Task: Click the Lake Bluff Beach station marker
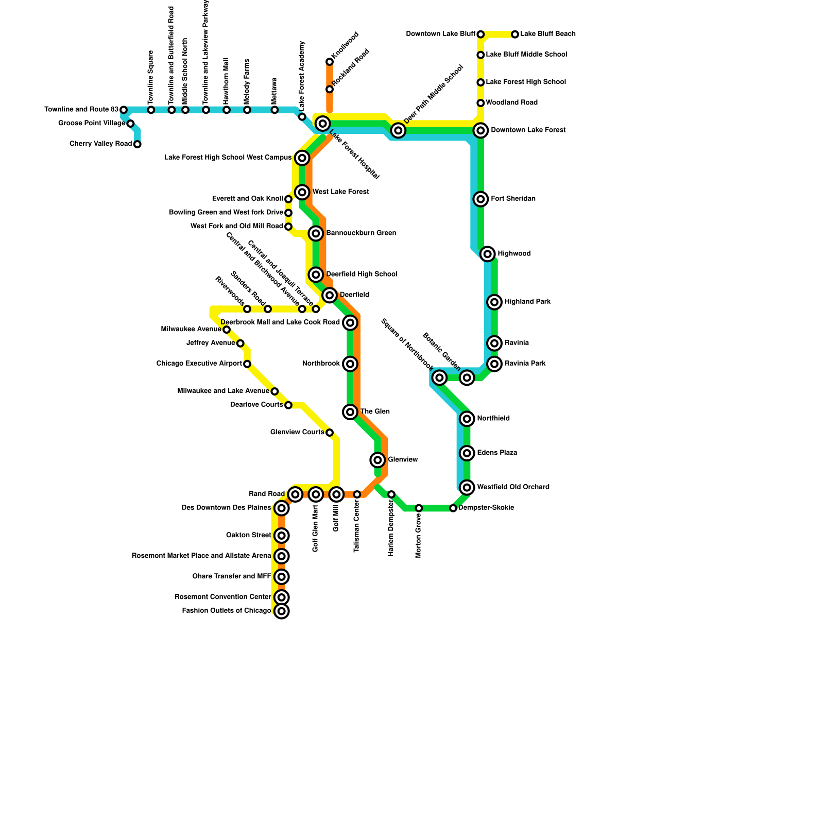coord(515,35)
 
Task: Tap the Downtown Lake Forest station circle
coord(480,131)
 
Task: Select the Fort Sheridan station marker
coord(480,199)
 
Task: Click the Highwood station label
coord(514,254)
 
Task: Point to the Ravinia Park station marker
coord(494,364)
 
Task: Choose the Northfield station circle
coord(467,419)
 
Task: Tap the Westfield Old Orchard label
coord(513,487)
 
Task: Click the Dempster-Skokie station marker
coord(453,508)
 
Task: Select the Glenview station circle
coord(377,460)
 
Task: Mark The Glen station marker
coord(350,412)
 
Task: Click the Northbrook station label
coord(321,364)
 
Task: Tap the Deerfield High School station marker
coord(316,274)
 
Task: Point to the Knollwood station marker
coord(330,62)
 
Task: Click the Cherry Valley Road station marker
coord(138,144)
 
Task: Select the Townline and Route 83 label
coord(81,110)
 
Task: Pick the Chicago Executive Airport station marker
coord(247,364)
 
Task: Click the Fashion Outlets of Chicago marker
coord(281,611)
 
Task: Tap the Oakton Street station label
coord(248,536)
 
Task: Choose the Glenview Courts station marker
coord(330,433)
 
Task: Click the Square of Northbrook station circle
coord(439,378)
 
